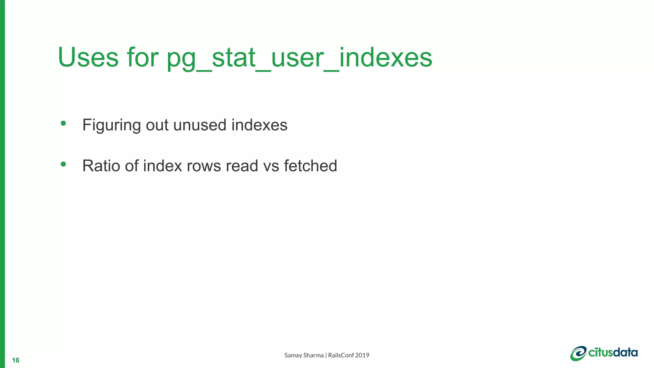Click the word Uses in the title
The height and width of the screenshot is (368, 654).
pos(88,57)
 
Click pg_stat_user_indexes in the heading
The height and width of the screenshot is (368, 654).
pos(300,58)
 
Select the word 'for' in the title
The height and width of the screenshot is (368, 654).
pos(143,57)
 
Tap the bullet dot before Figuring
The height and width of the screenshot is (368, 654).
pos(63,123)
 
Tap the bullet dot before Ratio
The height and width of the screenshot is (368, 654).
pos(63,164)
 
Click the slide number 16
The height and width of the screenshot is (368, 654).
pos(16,360)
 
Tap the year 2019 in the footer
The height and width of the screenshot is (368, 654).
pos(362,355)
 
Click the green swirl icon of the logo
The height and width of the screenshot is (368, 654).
pos(578,353)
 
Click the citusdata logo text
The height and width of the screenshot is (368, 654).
pos(613,353)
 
